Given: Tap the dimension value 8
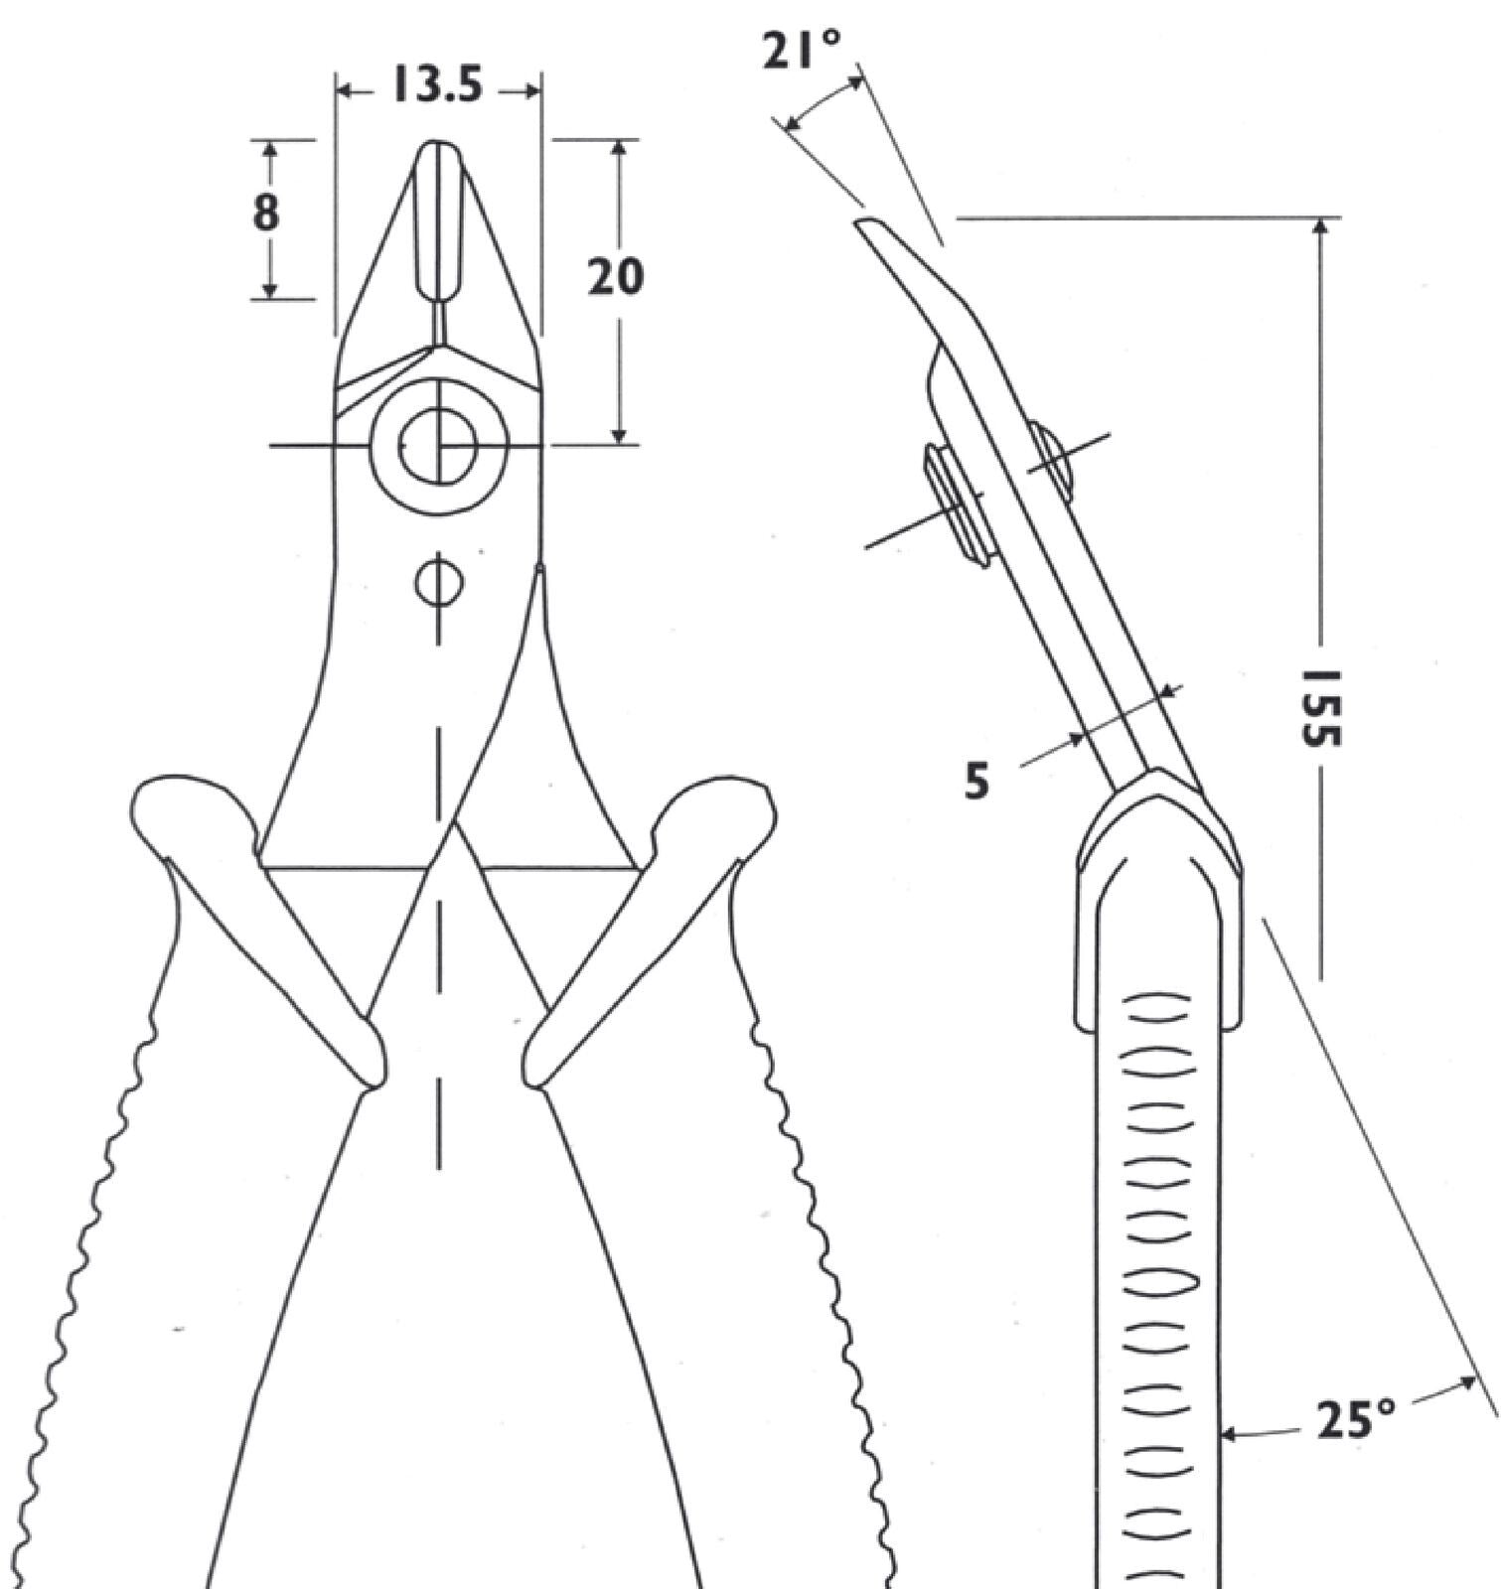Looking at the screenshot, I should pos(266,212).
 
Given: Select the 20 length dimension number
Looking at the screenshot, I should pos(615,277).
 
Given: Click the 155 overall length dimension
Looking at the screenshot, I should pos(1322,707).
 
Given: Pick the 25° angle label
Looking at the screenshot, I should pos(1357,1421).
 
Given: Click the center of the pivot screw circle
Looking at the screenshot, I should pos(438,445).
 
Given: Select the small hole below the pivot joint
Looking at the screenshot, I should pos(438,585).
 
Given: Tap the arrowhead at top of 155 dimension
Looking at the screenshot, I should pos(1320,227).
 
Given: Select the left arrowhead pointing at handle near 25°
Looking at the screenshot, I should pos(1227,1434).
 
